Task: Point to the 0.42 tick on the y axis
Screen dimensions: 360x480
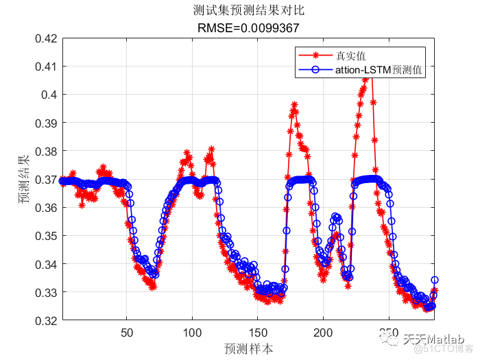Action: (x=45, y=38)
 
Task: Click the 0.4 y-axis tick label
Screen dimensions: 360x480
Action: (x=49, y=95)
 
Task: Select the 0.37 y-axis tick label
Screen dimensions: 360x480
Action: (x=45, y=179)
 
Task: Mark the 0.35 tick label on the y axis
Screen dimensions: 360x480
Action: (x=45, y=235)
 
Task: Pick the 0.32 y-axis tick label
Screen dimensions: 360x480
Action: (x=45, y=320)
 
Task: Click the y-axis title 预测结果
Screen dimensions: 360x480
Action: (x=24, y=179)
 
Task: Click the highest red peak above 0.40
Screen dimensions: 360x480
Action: (x=365, y=77)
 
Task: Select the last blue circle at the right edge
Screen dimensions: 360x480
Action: (x=434, y=280)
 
